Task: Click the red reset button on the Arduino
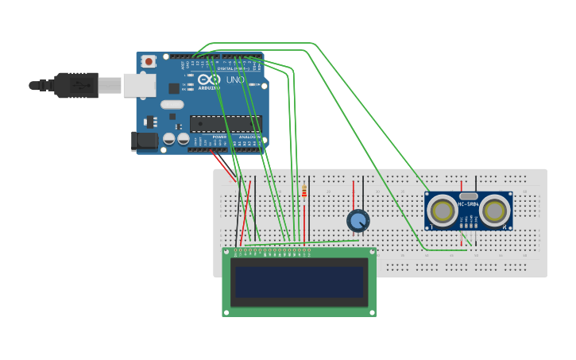click(148, 61)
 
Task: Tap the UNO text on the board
click(235, 80)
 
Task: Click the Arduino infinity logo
click(210, 80)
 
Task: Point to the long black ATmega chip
click(225, 123)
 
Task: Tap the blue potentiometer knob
click(358, 221)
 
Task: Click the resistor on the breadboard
click(304, 191)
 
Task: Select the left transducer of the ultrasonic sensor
click(442, 211)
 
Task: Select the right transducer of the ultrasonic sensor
click(494, 211)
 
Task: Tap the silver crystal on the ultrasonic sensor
click(469, 195)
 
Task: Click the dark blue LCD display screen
click(299, 282)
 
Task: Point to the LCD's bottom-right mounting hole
click(372, 312)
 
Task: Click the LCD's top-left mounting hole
click(226, 252)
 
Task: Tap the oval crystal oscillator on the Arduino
click(172, 104)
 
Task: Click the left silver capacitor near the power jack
click(168, 139)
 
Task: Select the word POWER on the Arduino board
click(219, 137)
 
